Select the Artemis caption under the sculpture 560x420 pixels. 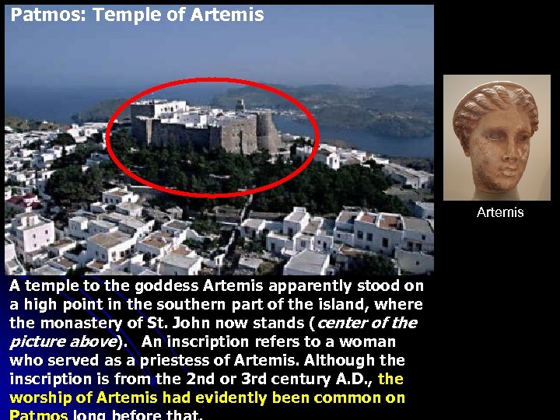click(500, 212)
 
